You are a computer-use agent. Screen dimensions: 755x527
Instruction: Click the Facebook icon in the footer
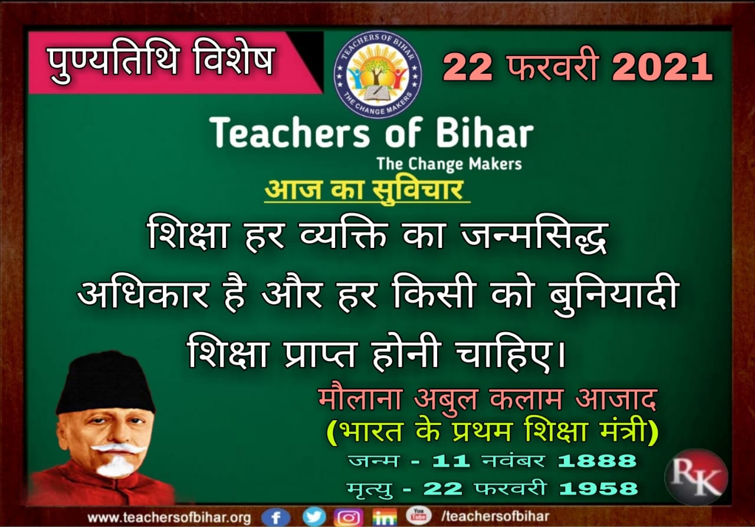[x=275, y=517]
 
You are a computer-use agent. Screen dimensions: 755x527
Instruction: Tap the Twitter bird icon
[x=314, y=516]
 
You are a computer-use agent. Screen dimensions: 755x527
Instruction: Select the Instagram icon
[x=349, y=517]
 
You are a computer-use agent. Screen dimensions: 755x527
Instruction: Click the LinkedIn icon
[x=385, y=517]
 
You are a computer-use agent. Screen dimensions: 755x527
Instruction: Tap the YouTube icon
[x=418, y=515]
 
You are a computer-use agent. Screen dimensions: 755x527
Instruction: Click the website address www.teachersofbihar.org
[x=169, y=518]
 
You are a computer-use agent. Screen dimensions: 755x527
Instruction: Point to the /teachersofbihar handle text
[x=495, y=516]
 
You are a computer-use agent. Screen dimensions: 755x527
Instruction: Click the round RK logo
[x=695, y=477]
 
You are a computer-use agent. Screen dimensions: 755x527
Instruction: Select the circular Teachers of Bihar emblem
[x=377, y=74]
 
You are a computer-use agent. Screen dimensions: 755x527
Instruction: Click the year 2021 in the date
[x=662, y=67]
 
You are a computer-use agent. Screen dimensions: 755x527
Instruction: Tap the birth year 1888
[x=597, y=460]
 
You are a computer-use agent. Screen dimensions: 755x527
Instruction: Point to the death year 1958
[x=598, y=489]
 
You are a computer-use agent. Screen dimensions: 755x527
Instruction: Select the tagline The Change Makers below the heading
[x=449, y=164]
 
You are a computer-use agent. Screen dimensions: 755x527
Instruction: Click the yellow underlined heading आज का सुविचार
[x=364, y=191]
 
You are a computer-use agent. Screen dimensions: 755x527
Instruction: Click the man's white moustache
[x=119, y=449]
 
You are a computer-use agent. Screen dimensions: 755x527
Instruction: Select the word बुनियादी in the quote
[x=613, y=294]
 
